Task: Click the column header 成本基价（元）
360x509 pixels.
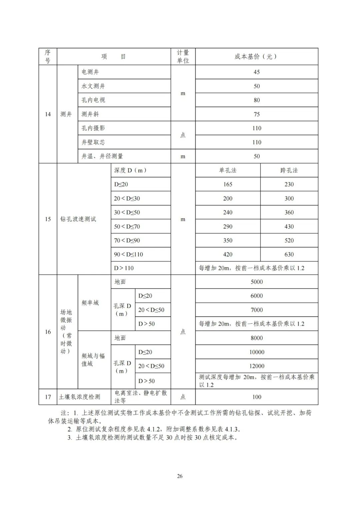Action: [x=256, y=57]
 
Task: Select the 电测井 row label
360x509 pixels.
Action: [x=90, y=72]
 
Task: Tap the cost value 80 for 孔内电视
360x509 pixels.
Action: [x=256, y=100]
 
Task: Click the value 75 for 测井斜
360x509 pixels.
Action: [x=256, y=114]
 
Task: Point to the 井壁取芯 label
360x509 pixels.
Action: [x=93, y=142]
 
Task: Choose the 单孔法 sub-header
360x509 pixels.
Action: [x=228, y=170]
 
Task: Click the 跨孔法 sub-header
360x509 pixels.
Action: [x=289, y=170]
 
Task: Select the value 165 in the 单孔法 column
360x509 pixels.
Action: [x=228, y=184]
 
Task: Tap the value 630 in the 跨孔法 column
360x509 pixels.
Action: [x=289, y=254]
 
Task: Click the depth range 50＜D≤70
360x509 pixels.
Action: [x=127, y=227]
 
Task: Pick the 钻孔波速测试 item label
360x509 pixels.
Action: [x=78, y=219]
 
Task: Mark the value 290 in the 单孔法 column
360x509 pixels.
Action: [x=228, y=227]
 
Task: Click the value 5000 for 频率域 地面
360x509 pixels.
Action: [x=256, y=282]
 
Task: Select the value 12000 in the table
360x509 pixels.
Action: [x=256, y=366]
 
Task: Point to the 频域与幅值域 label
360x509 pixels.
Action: [x=93, y=360]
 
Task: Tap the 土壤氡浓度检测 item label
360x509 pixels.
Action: [x=80, y=397]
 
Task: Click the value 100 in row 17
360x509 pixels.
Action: [x=256, y=397]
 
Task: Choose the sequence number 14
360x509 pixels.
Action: [x=48, y=114]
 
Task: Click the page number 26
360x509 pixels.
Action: [x=180, y=476]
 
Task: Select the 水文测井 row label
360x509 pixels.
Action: [x=93, y=86]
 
